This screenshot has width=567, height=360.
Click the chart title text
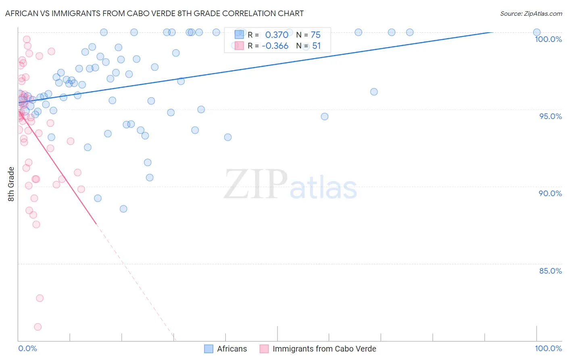click(x=154, y=13)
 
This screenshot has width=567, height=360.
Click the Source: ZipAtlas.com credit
click(x=531, y=13)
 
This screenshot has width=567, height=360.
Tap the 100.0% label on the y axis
click(x=548, y=39)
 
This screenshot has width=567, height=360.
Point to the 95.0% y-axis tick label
click(x=550, y=116)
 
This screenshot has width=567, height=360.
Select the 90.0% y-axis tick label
click(x=550, y=193)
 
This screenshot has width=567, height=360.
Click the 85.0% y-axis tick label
click(x=550, y=271)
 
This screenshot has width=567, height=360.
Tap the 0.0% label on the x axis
click(x=27, y=348)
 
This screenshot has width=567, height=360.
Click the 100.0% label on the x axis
click(x=548, y=348)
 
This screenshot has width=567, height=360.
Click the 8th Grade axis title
click(x=11, y=184)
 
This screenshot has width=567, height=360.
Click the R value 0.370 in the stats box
click(x=277, y=35)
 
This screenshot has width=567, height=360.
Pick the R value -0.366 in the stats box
click(x=275, y=46)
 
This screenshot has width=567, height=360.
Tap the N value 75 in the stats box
click(x=315, y=35)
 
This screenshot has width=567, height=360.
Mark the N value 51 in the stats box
click(x=316, y=46)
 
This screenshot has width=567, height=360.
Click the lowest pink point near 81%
click(x=38, y=327)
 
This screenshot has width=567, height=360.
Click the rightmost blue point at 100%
click(x=537, y=32)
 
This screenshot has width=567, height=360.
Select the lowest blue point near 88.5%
click(x=123, y=209)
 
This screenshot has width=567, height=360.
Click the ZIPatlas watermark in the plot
click(x=290, y=184)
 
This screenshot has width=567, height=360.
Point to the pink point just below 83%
click(x=40, y=298)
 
